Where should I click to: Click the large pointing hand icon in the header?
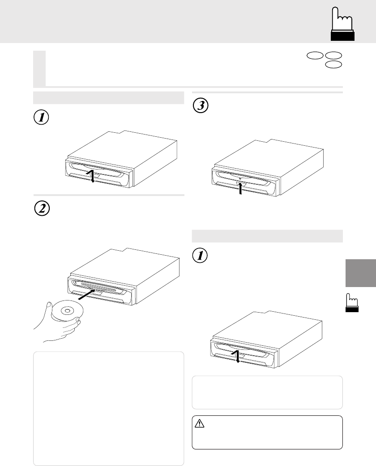pyautogui.click(x=342, y=24)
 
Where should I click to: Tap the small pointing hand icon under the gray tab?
pyautogui.click(x=352, y=303)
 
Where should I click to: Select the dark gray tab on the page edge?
pyautogui.click(x=361, y=273)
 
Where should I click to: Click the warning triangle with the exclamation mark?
pyautogui.click(x=199, y=423)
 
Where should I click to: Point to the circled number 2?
pyautogui.click(x=42, y=209)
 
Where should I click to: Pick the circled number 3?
pyautogui.click(x=201, y=105)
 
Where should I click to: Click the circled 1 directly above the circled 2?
pyautogui.click(x=41, y=117)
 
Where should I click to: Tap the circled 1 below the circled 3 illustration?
pyautogui.click(x=200, y=255)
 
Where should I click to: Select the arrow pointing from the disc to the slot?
pyautogui.click(x=87, y=295)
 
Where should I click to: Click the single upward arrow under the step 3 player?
pyautogui.click(x=240, y=188)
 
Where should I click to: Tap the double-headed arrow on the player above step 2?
pyautogui.click(x=92, y=176)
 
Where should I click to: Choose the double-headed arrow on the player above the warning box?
pyautogui.click(x=237, y=356)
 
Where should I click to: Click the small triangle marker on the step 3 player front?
pyautogui.click(x=240, y=179)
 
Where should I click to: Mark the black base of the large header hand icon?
pyautogui.click(x=342, y=36)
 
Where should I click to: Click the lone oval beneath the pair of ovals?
pyautogui.click(x=333, y=64)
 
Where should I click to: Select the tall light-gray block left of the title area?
pyautogui.click(x=39, y=69)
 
